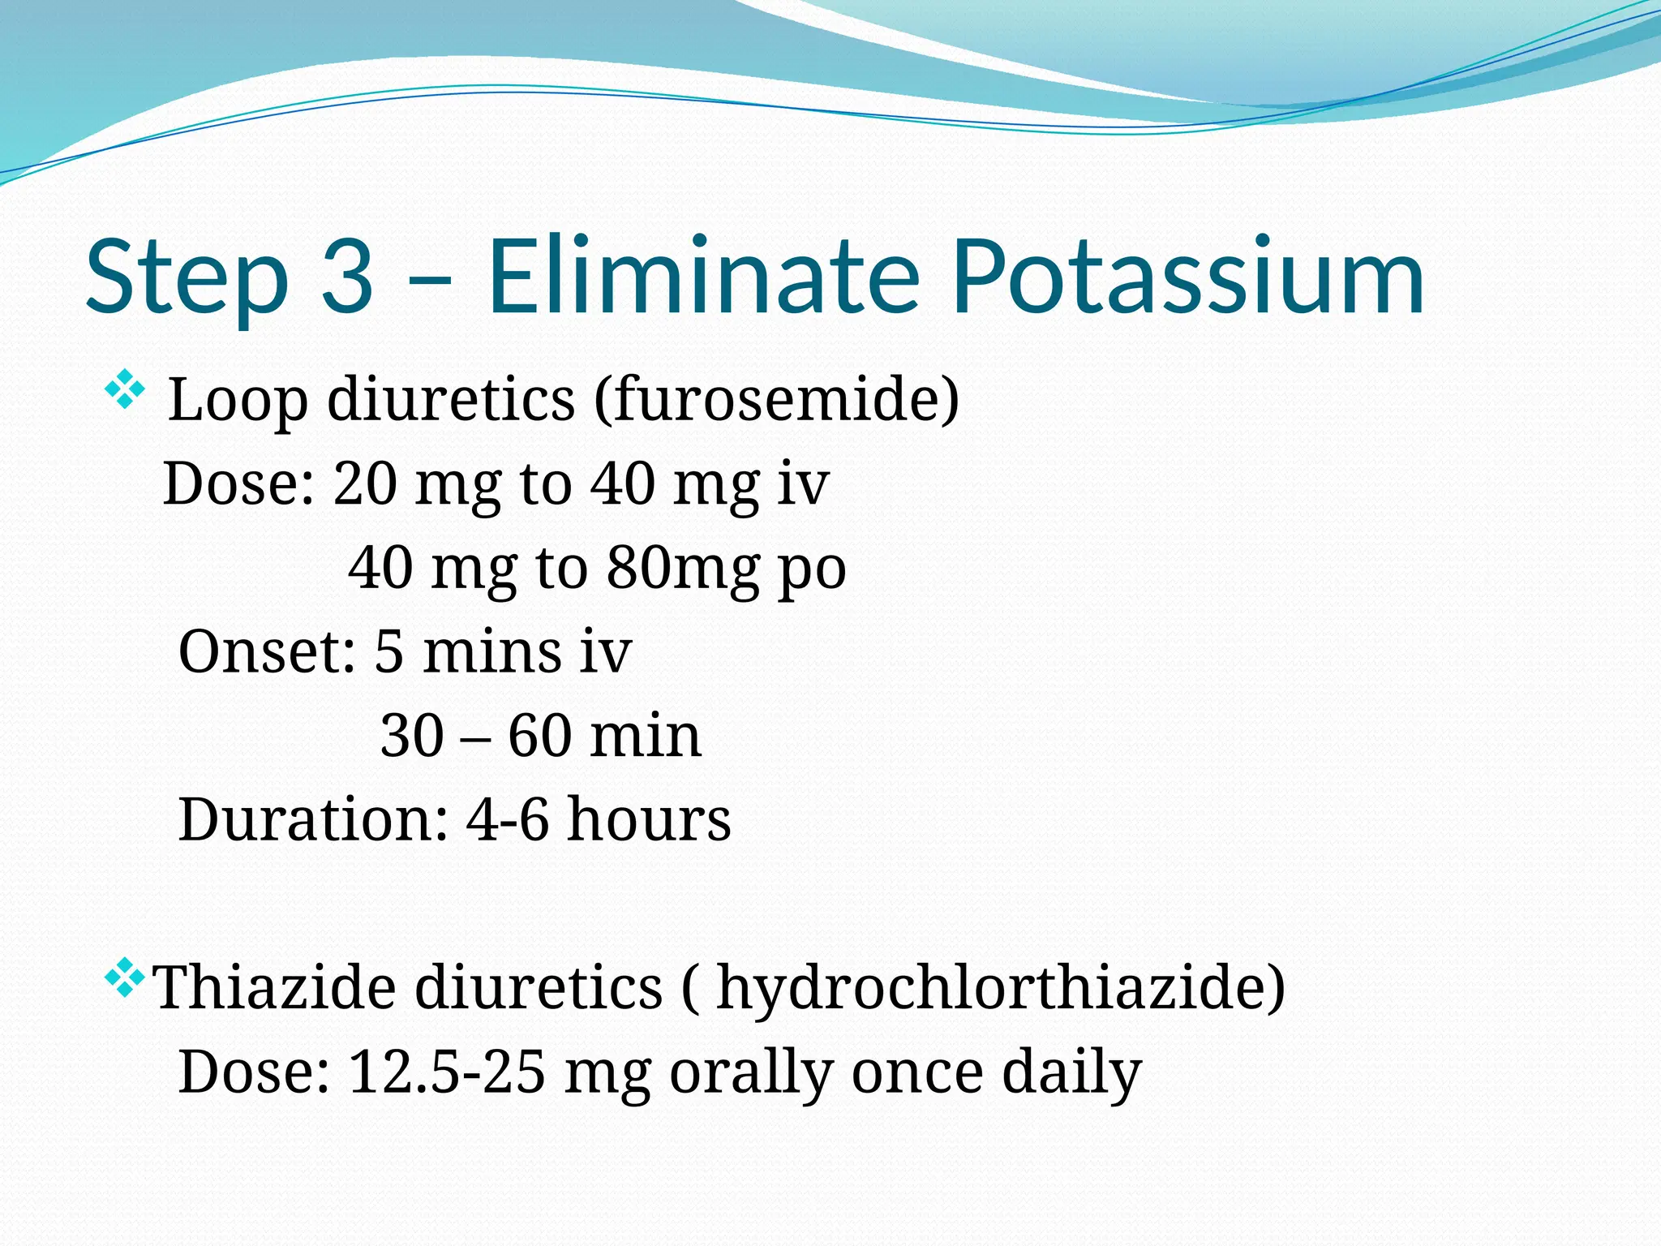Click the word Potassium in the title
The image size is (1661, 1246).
click(x=1188, y=277)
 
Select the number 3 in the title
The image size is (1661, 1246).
click(x=348, y=277)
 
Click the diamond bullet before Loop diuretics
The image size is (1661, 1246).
click(x=124, y=389)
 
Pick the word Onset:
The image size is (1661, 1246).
click(x=267, y=651)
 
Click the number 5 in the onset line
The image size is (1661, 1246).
click(x=388, y=651)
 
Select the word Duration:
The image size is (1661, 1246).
click(x=313, y=819)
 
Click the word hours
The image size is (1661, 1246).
click(x=649, y=819)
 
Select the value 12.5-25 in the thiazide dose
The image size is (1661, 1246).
click(x=446, y=1072)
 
